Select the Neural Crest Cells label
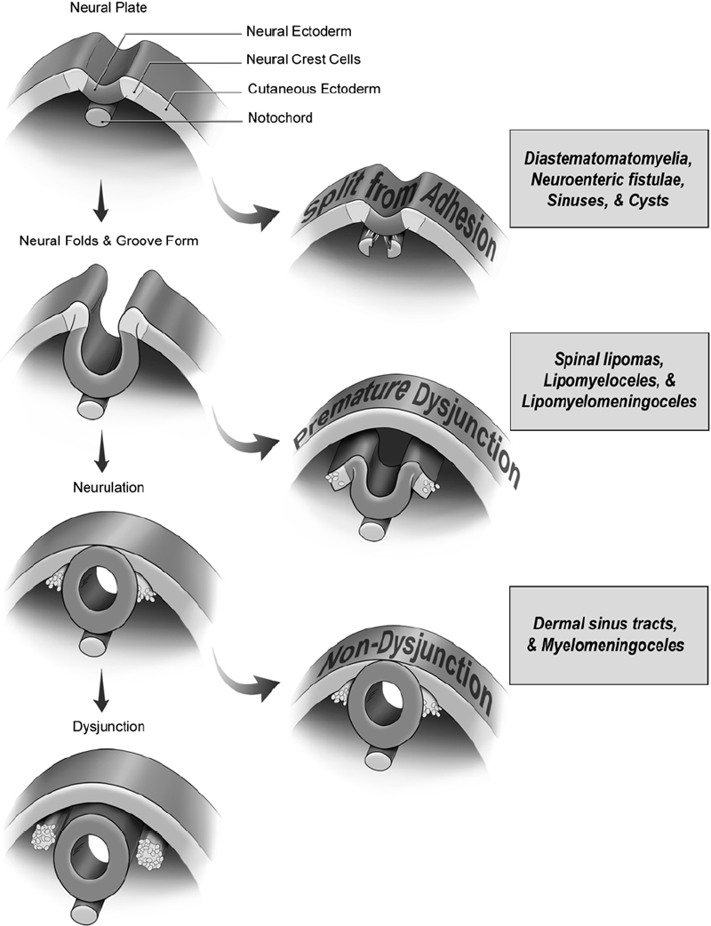(297, 60)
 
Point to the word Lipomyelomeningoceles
(609, 401)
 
